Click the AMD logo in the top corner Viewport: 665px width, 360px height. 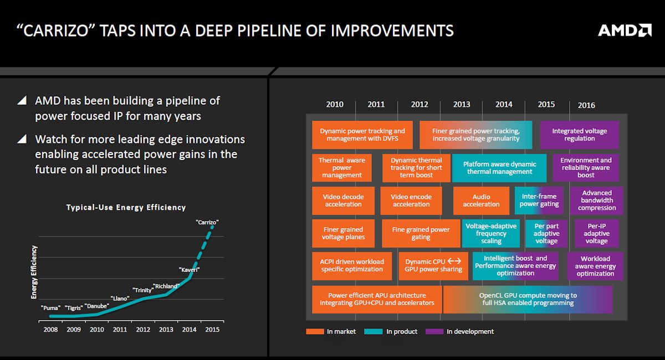point(625,30)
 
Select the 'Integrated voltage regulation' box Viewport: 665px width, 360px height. point(579,135)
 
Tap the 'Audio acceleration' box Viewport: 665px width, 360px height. point(481,200)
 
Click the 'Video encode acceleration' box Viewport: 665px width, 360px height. point(411,200)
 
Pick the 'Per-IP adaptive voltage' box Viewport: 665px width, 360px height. point(596,233)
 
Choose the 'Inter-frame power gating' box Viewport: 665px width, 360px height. point(539,200)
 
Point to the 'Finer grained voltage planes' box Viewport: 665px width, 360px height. point(343,233)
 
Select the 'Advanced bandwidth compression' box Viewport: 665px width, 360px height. point(596,200)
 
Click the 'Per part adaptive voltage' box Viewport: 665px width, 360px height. point(546,233)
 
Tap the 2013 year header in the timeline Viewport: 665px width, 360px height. point(462,104)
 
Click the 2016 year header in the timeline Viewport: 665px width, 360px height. point(586,105)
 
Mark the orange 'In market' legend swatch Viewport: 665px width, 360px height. point(314,332)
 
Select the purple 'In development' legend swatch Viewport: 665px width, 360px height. point(434,332)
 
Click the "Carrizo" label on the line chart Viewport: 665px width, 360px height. point(207,222)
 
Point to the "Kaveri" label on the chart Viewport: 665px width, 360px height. point(189,270)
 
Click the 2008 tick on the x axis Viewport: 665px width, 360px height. point(50,330)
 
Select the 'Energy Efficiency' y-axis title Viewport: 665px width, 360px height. point(34,272)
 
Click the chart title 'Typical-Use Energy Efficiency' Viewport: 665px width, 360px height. point(126,207)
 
